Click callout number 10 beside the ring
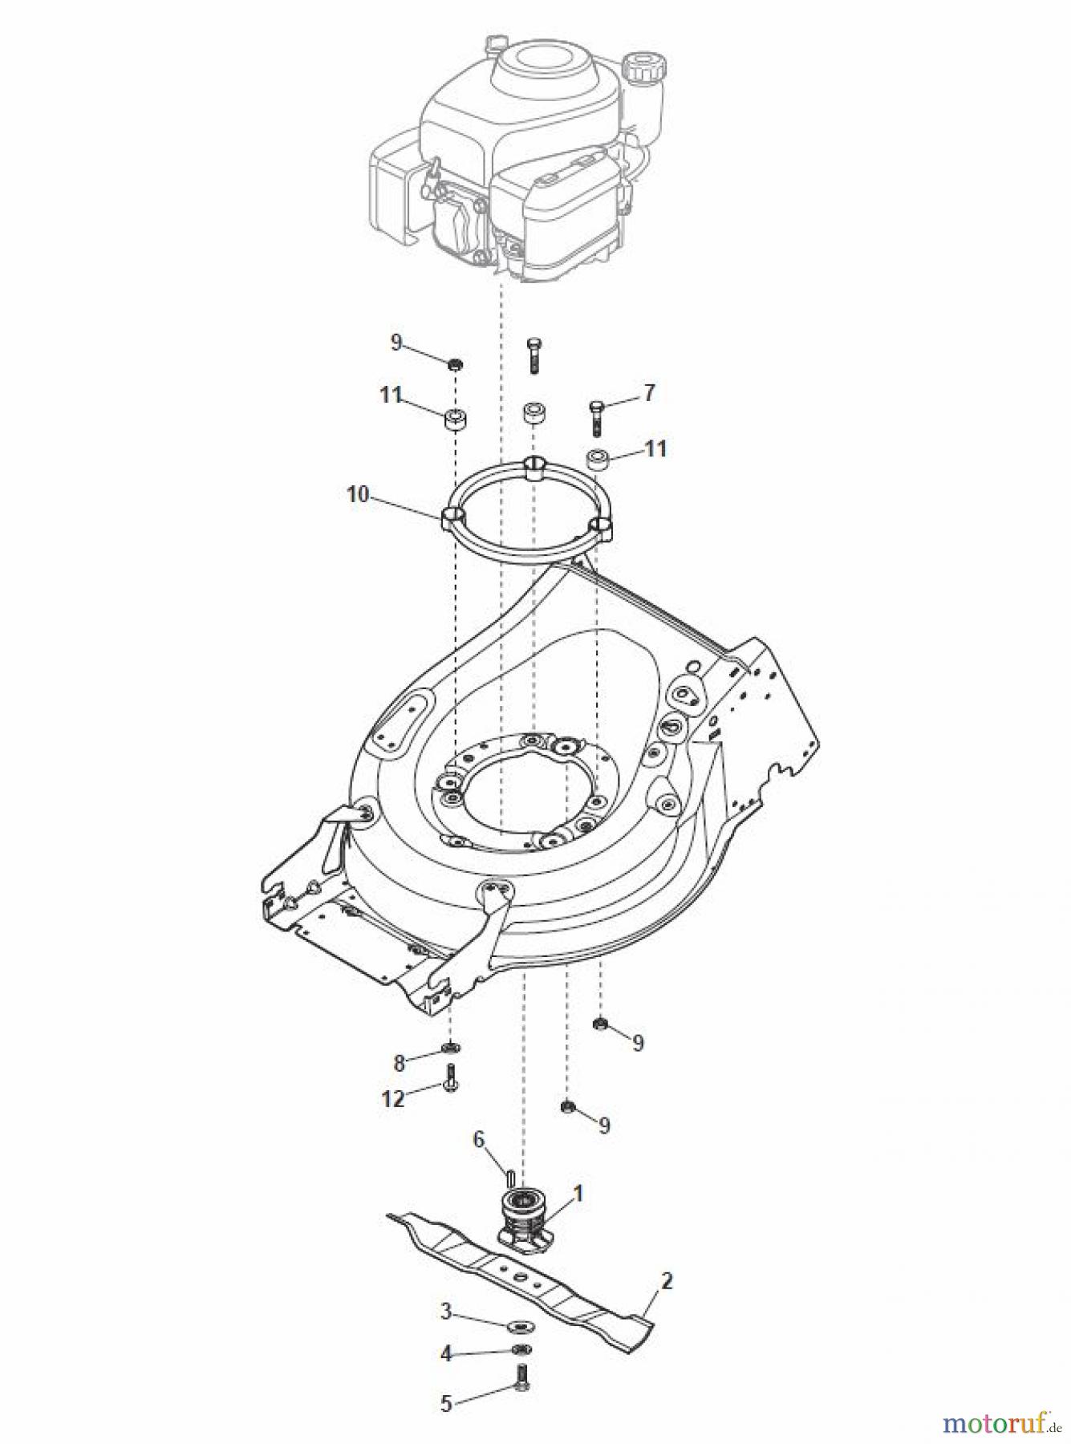[358, 494]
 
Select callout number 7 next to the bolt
[649, 393]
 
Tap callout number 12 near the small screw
[393, 1098]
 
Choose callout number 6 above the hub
[479, 1138]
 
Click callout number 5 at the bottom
[446, 1404]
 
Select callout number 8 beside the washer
[399, 1064]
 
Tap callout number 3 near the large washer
[446, 1312]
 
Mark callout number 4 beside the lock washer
[446, 1355]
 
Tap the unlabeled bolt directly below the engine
[534, 356]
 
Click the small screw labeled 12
[451, 1079]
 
